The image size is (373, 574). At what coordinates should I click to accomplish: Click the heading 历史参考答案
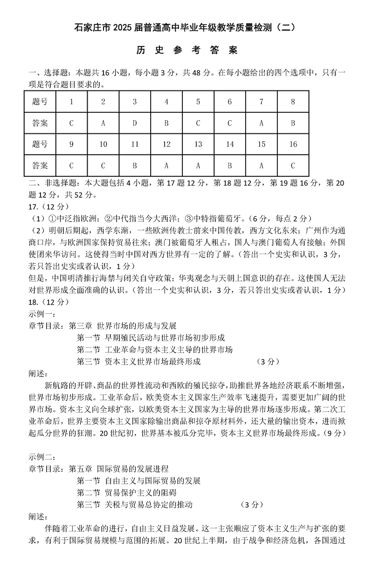coord(186,50)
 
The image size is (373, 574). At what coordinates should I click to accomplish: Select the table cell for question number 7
coord(262,102)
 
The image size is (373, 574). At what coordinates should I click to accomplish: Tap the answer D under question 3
coord(135,123)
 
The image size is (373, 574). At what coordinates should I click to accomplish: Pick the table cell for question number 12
coord(166,144)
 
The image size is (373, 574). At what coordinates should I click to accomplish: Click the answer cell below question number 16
coord(293,165)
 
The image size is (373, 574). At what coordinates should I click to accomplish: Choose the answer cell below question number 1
coord(71,123)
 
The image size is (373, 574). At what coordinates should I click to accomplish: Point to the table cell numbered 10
coord(103,144)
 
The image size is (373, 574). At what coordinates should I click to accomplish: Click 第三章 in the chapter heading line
coord(80,325)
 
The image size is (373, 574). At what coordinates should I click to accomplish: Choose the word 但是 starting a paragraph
coord(37,278)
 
